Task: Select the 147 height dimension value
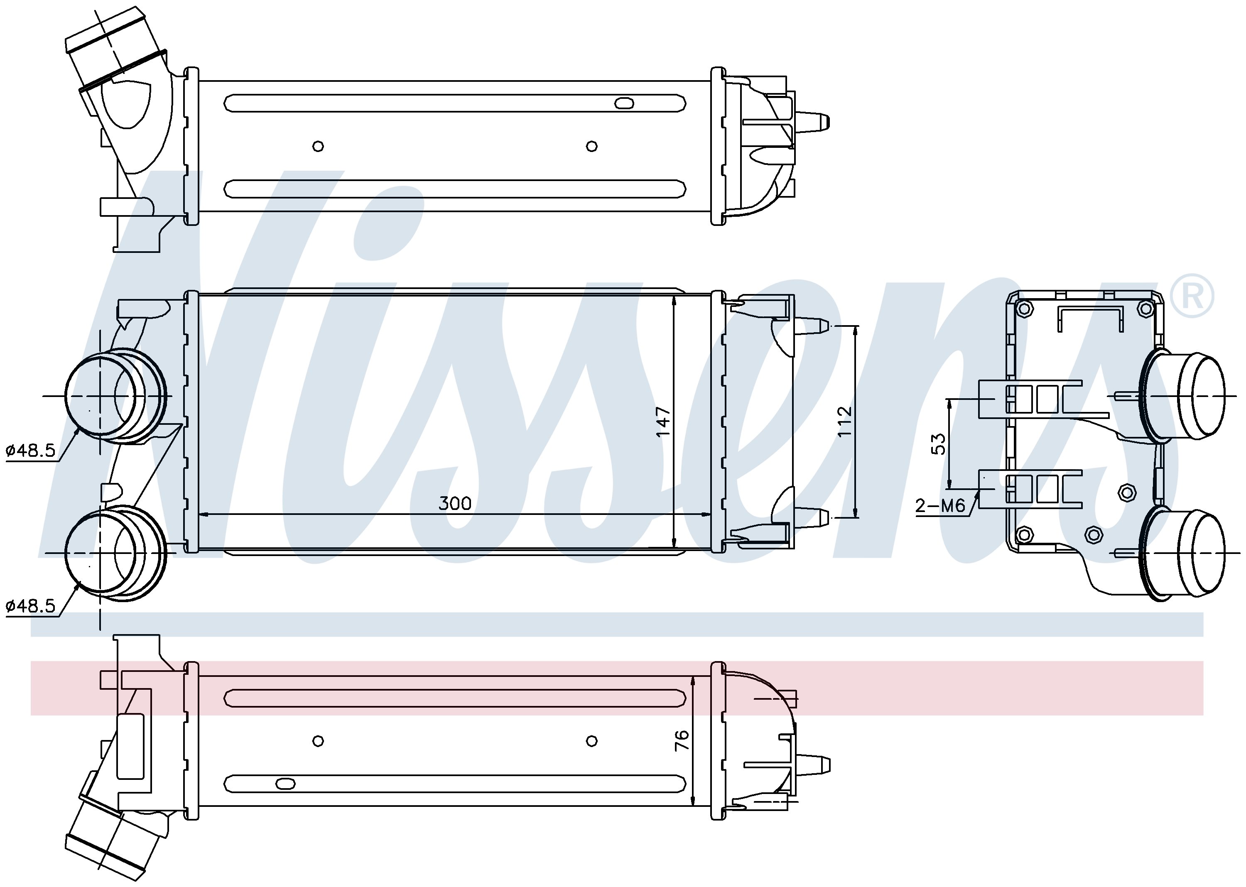click(663, 421)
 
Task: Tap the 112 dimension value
click(844, 421)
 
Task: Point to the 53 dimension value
click(937, 444)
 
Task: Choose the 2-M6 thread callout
click(940, 505)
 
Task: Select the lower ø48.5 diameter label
click(31, 606)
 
